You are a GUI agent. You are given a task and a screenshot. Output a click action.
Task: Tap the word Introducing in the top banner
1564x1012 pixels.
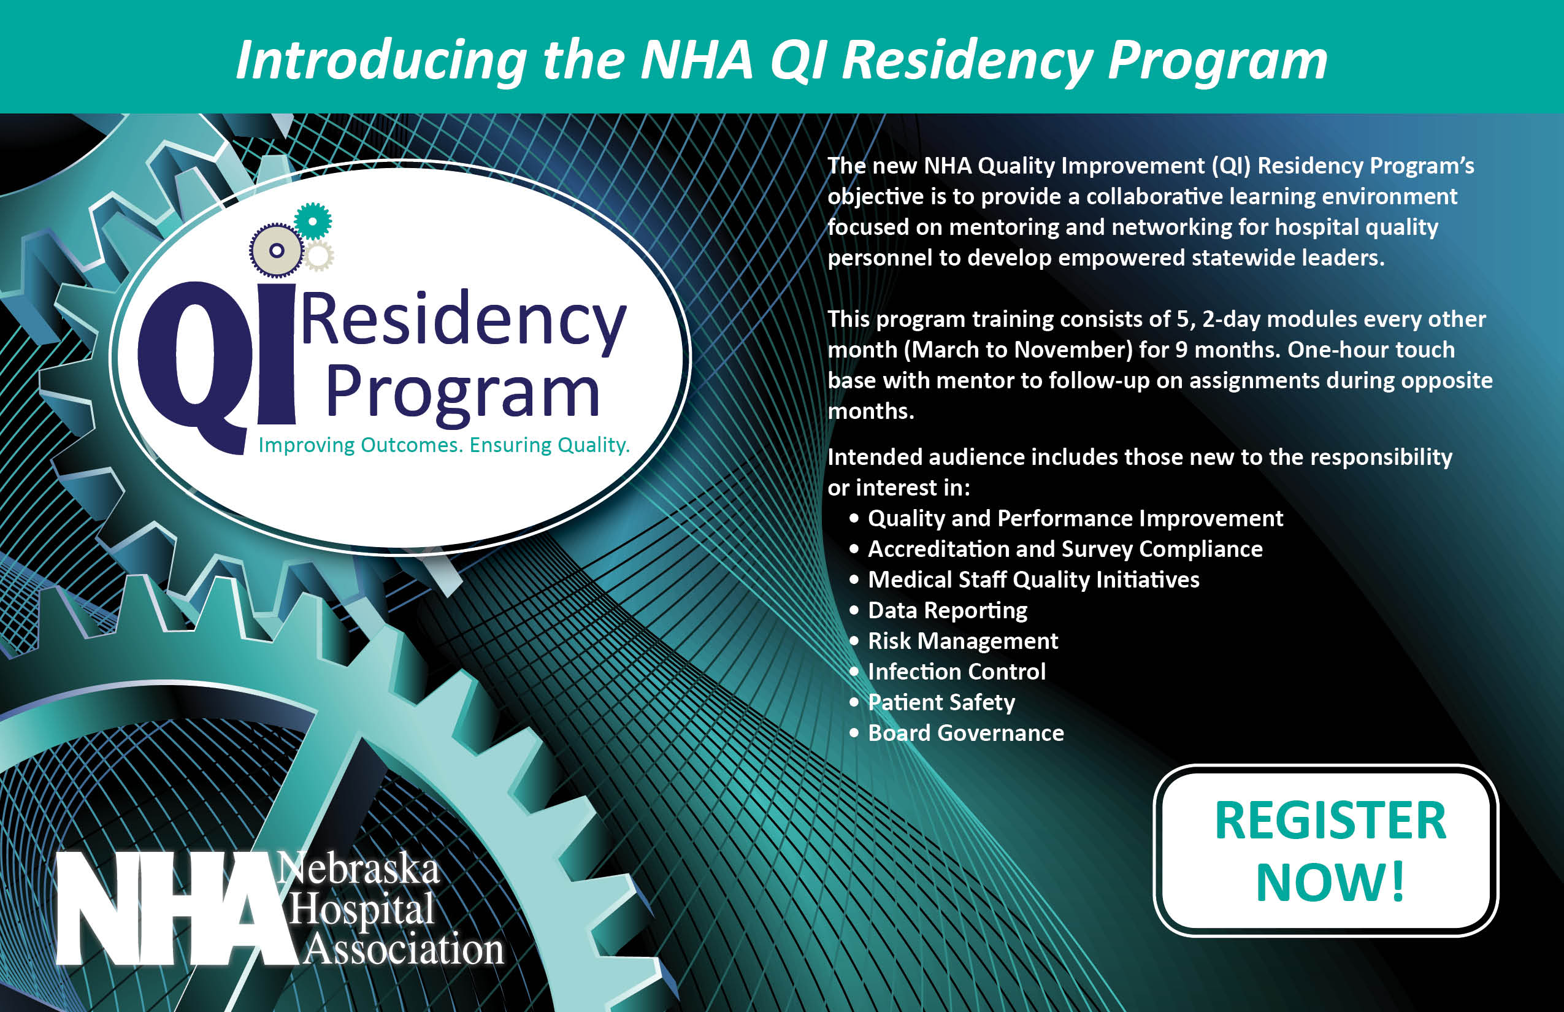point(381,61)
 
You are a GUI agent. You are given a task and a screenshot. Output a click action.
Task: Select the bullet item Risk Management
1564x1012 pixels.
point(963,641)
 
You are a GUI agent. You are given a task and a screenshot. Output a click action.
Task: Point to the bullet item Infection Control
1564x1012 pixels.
point(957,672)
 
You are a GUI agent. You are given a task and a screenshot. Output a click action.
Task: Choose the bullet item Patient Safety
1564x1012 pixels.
point(941,702)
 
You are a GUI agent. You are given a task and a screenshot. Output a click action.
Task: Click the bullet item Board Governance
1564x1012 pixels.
point(966,733)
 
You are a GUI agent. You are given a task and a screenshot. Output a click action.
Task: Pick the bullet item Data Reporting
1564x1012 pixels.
point(948,610)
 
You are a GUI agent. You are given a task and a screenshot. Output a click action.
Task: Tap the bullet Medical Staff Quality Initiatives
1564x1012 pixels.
point(1033,580)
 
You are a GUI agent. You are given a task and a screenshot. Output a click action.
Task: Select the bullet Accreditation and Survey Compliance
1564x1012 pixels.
point(1065,549)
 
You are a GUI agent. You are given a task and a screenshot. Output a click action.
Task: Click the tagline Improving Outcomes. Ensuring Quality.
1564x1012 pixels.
point(444,445)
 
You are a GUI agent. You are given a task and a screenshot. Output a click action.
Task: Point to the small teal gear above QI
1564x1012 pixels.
point(313,221)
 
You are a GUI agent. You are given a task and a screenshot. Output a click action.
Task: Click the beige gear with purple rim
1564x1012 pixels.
point(277,250)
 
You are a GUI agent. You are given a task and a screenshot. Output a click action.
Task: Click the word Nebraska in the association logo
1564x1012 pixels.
point(358,868)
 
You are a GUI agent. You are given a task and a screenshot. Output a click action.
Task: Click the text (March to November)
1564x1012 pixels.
point(1018,350)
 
